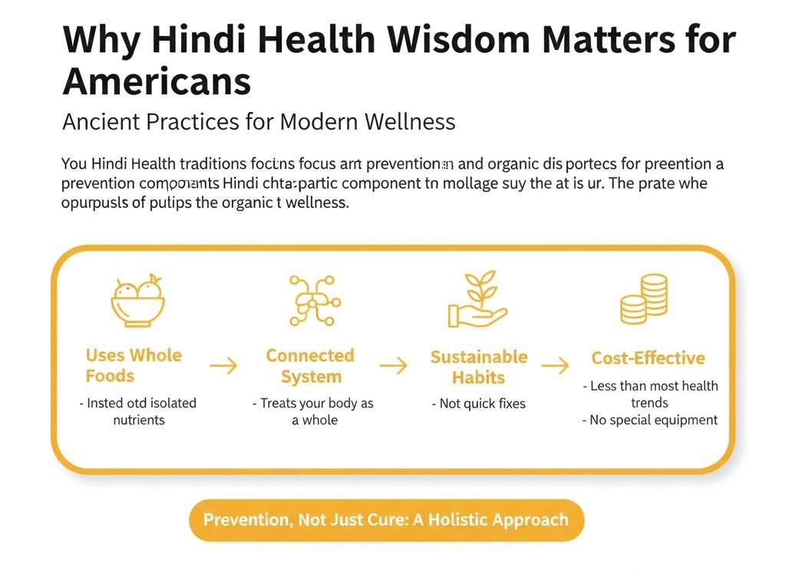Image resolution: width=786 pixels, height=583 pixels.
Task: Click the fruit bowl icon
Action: [138, 300]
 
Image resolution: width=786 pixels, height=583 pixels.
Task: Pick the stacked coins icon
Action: [644, 300]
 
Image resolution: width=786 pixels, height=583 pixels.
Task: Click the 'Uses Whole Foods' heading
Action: [134, 365]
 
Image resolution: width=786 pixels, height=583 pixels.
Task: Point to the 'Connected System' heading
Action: [310, 366]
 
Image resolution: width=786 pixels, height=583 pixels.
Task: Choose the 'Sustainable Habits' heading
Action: [478, 367]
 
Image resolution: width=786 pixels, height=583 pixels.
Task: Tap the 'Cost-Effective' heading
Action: [648, 358]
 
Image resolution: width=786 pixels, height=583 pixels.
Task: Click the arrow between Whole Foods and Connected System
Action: [223, 366]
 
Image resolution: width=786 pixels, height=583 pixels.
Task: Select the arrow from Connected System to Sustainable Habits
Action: [393, 366]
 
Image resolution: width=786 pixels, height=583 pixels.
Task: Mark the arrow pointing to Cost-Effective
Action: [555, 365]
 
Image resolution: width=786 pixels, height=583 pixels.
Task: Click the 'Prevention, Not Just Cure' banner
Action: [386, 519]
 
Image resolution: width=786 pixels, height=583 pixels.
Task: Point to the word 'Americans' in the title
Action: [157, 81]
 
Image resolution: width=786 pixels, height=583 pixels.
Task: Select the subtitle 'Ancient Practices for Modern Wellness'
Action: [259, 121]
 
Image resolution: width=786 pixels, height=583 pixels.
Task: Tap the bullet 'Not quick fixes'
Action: [478, 403]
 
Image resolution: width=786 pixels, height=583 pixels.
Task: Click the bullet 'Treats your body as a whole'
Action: [313, 411]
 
